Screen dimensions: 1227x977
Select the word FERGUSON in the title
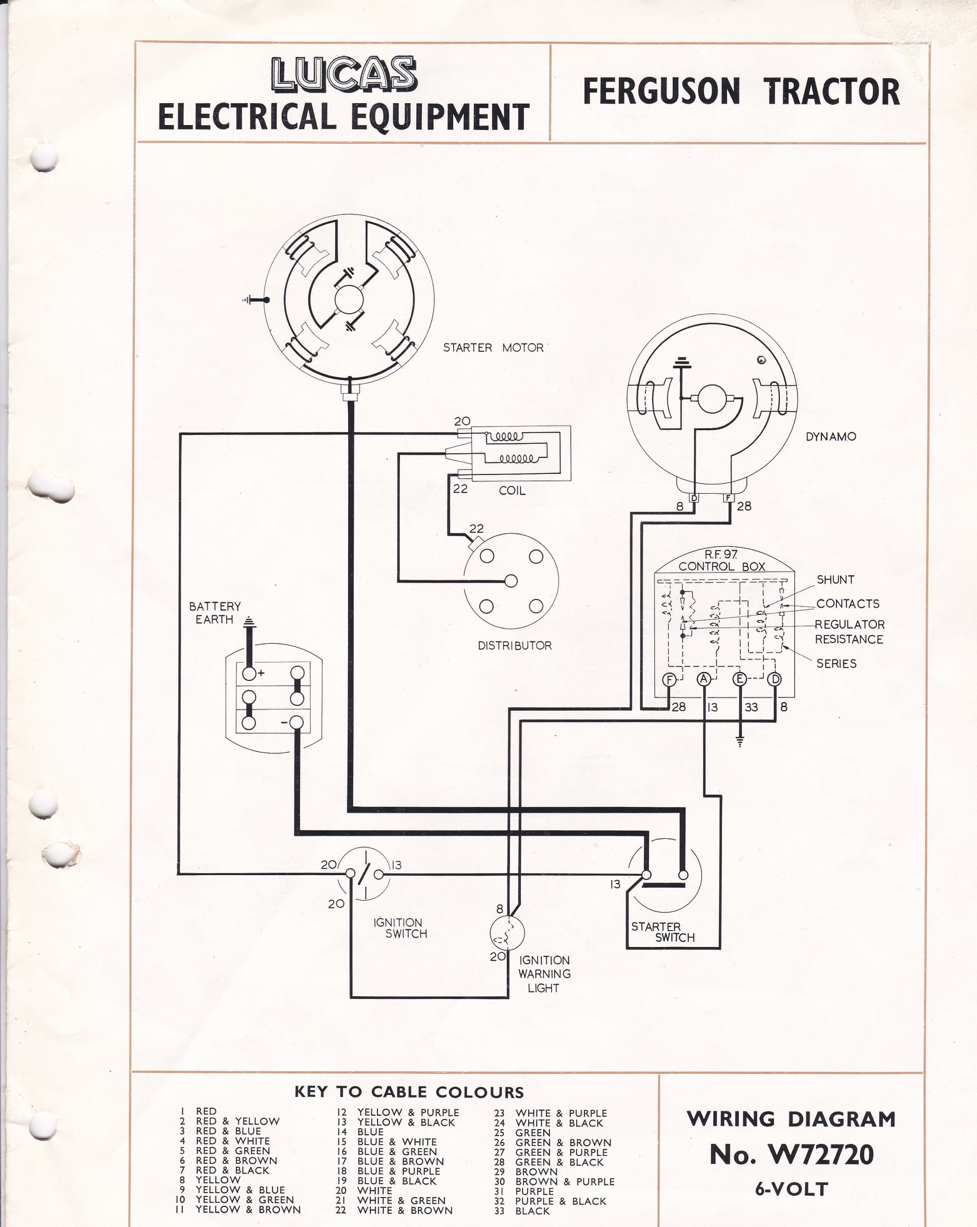661,92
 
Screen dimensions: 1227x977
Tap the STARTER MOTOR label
493,348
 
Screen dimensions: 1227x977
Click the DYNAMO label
831,436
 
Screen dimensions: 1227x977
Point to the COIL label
512,491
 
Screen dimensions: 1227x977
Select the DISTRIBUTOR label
514,646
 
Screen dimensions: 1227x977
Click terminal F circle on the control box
669,680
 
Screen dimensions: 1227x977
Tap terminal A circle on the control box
704,680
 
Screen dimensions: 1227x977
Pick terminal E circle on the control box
739,680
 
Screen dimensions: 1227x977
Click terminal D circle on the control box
774,680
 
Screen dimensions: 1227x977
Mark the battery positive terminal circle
249,673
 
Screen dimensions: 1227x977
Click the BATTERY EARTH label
214,613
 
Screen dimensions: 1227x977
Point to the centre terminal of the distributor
511,581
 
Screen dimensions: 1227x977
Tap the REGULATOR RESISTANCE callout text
849,632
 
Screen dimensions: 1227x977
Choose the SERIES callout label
836,663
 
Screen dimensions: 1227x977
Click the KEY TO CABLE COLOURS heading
409,1092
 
